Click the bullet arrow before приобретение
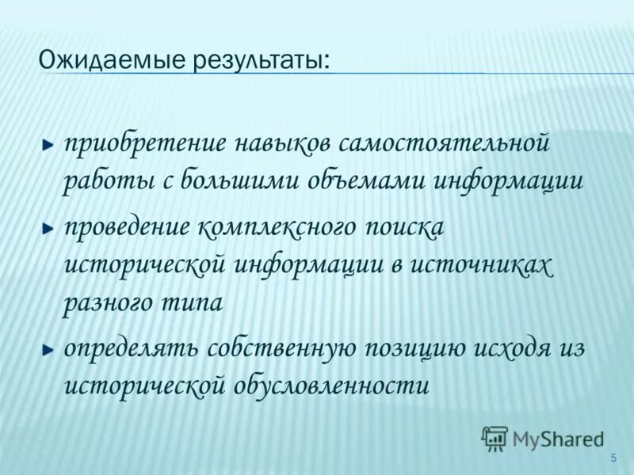[49, 146]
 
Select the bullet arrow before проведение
[49, 228]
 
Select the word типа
[194, 302]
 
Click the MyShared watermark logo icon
[495, 439]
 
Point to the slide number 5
[613, 459]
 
